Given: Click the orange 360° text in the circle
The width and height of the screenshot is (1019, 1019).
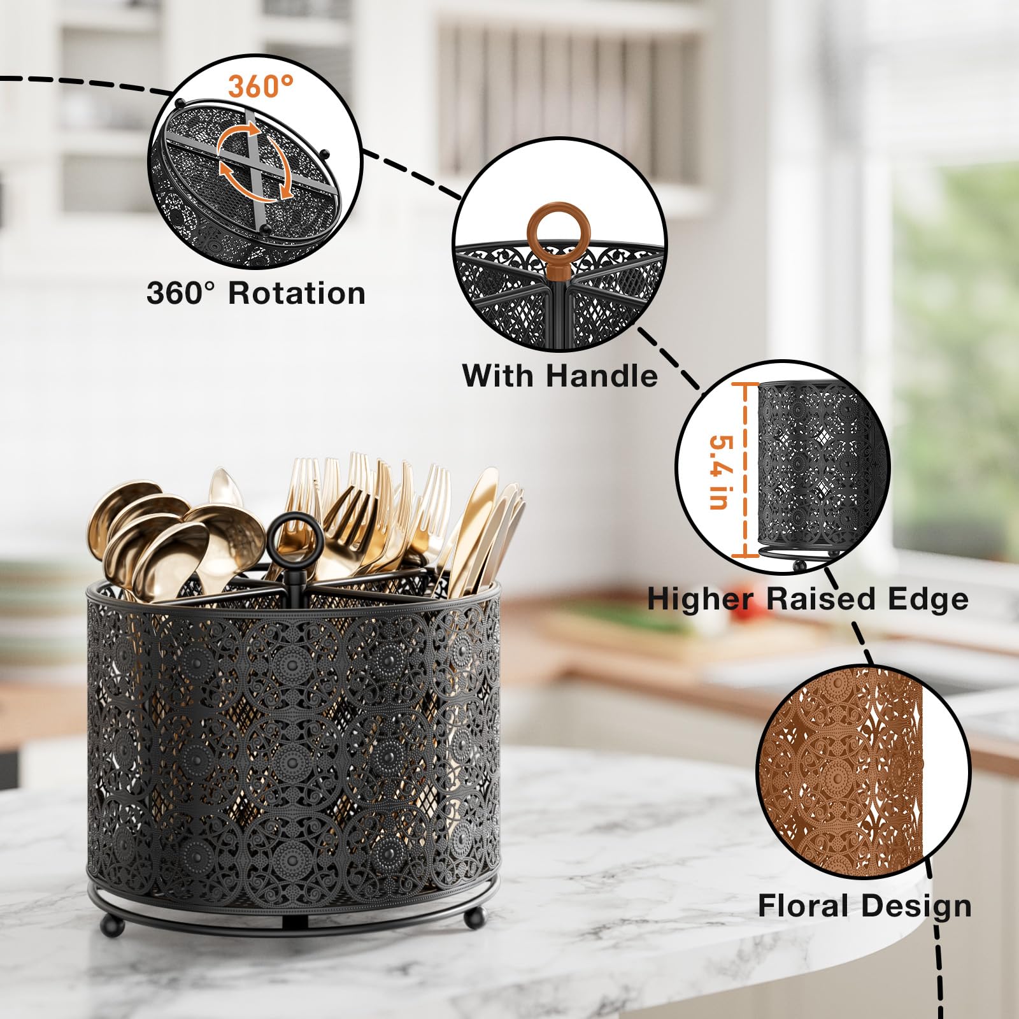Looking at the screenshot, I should (x=261, y=86).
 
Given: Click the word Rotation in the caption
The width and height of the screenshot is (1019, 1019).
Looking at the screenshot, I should (x=297, y=294).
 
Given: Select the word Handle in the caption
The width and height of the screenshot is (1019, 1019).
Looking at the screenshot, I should (x=601, y=376).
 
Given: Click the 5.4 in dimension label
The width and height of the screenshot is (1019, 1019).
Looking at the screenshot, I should (x=719, y=471).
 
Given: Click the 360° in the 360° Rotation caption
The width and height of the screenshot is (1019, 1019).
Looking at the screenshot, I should (x=182, y=294).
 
